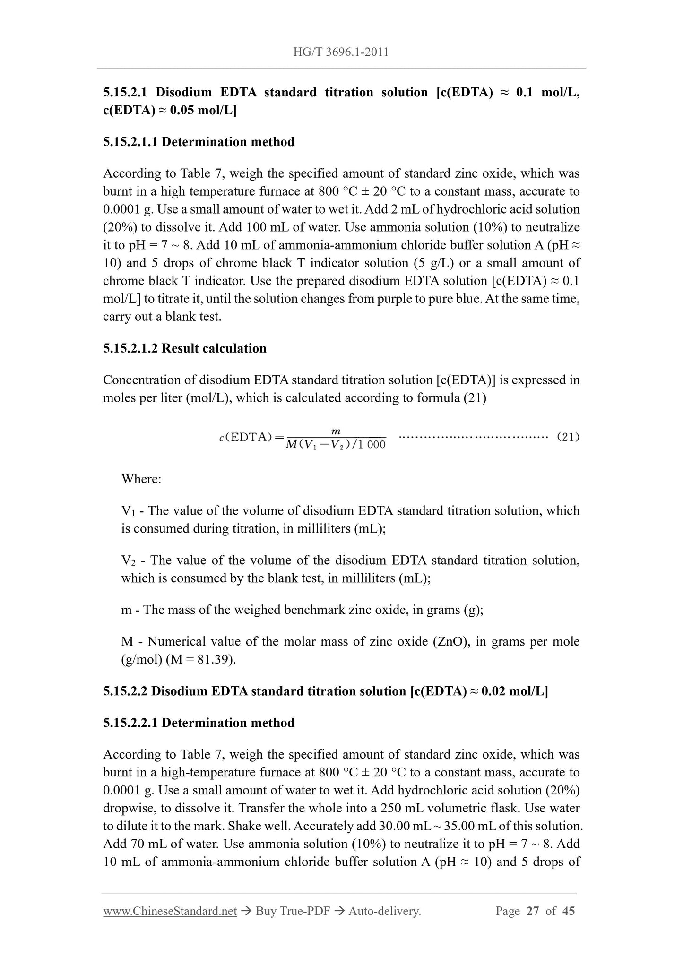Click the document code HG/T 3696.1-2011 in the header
pyautogui.click(x=341, y=52)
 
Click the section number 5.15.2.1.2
pyautogui.click(x=131, y=348)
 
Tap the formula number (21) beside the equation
pyautogui.click(x=568, y=437)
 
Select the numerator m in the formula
pyautogui.click(x=336, y=431)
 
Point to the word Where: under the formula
pyautogui.click(x=141, y=479)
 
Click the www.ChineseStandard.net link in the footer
pyautogui.click(x=170, y=911)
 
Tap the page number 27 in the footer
pyautogui.click(x=533, y=911)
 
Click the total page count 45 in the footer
pyautogui.click(x=569, y=911)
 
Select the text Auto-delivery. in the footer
pyautogui.click(x=384, y=911)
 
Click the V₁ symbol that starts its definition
pyautogui.click(x=128, y=511)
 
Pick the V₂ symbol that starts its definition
pyautogui.click(x=128, y=561)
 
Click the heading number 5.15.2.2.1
pyautogui.click(x=131, y=723)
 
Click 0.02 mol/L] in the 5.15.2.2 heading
pyautogui.click(x=515, y=691)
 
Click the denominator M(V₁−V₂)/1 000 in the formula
pyautogui.click(x=336, y=445)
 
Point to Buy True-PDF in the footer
pyautogui.click(x=292, y=911)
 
